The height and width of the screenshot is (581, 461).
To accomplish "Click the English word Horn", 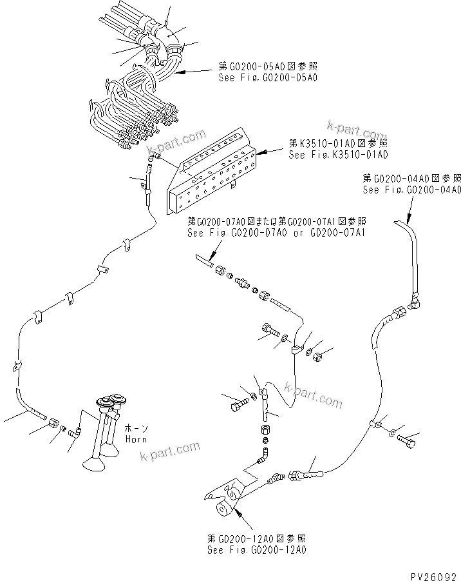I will [x=136, y=439].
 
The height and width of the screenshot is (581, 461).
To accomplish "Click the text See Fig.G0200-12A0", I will [x=257, y=550].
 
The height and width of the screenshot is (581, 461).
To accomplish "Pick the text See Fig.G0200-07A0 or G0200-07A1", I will [x=276, y=233].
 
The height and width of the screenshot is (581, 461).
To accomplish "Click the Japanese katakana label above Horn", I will [x=136, y=428].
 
